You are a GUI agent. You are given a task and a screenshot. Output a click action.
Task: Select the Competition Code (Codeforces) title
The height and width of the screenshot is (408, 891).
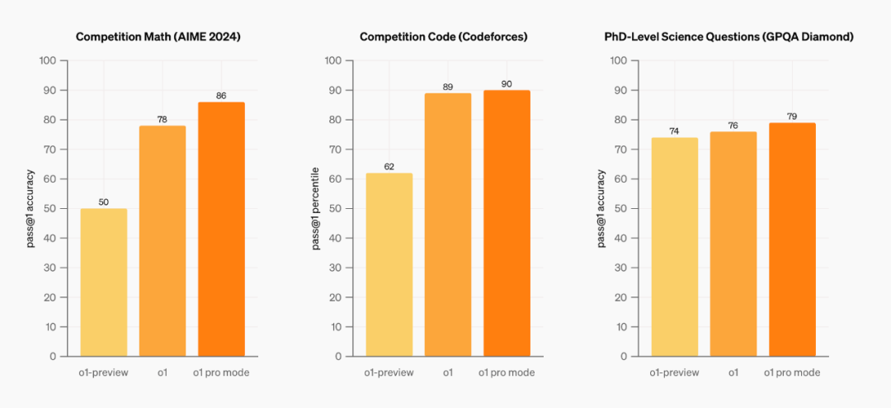click(443, 37)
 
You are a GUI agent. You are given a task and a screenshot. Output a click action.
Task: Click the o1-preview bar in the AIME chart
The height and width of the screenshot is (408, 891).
click(103, 282)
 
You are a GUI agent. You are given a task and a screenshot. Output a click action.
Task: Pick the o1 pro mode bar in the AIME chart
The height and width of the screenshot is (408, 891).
click(220, 229)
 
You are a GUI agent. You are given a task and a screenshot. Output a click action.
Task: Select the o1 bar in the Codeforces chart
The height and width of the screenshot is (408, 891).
click(448, 225)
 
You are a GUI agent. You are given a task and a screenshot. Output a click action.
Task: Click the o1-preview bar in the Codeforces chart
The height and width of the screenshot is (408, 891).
click(389, 264)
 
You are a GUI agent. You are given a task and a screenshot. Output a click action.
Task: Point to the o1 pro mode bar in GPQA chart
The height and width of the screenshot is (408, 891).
click(792, 240)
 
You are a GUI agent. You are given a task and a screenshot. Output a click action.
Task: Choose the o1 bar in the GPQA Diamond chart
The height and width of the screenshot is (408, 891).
click(733, 244)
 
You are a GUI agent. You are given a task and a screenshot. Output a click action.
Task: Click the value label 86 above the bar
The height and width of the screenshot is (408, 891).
click(220, 96)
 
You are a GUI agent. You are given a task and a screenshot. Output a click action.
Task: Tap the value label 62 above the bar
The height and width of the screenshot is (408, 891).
click(389, 167)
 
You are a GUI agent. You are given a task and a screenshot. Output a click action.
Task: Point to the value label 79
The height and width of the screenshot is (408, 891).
click(792, 116)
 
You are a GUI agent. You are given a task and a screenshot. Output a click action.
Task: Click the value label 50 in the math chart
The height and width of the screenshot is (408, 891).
click(103, 202)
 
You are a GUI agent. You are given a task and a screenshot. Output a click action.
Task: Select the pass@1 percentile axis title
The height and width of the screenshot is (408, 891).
click(315, 208)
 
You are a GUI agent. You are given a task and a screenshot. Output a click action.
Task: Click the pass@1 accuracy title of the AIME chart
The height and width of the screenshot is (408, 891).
click(31, 208)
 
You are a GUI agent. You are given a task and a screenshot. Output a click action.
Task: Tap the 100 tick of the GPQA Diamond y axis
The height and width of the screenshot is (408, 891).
click(617, 61)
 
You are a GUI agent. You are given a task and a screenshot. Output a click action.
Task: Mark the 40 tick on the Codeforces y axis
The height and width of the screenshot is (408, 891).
click(334, 239)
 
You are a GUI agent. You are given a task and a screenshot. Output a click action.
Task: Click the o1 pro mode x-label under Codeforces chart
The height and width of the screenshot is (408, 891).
click(507, 372)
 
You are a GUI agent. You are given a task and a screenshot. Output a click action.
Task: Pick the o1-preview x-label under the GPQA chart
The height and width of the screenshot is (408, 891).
click(674, 372)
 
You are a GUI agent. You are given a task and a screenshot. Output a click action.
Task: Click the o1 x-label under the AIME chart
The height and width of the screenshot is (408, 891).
click(162, 372)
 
